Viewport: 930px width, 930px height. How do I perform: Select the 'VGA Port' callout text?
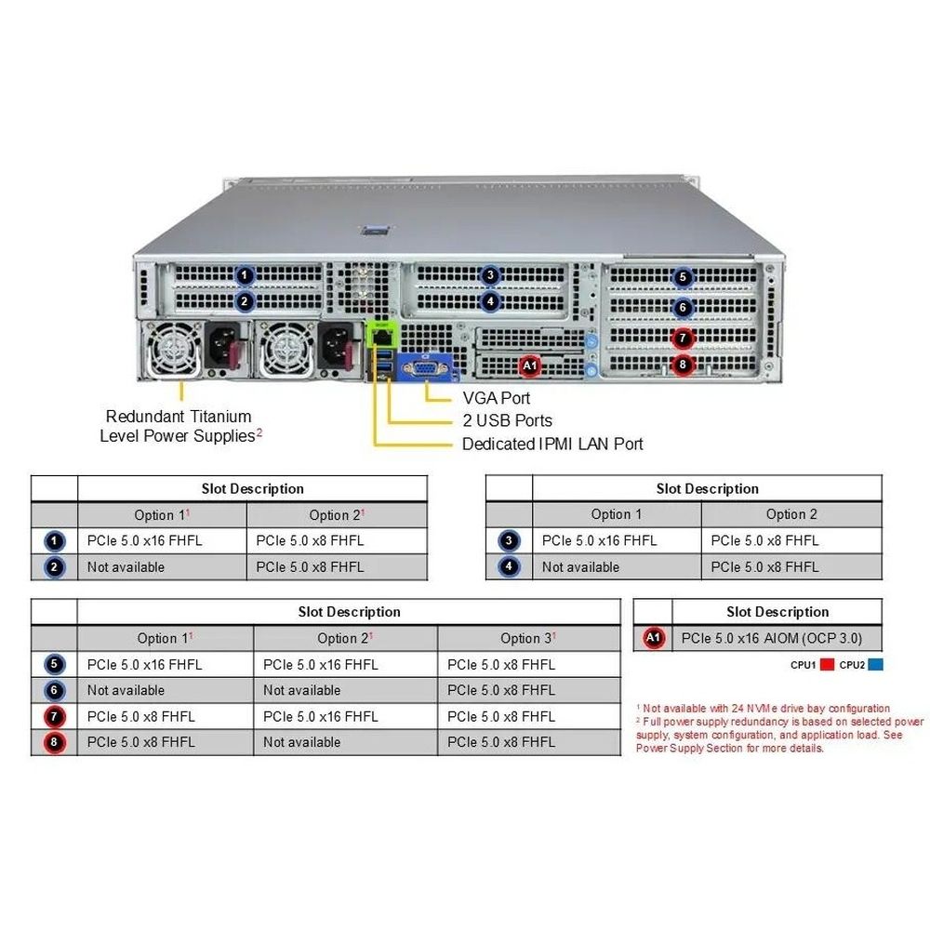coord(497,398)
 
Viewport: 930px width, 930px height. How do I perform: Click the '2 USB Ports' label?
coord(507,421)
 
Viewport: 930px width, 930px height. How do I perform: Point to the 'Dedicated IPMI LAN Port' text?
coord(552,445)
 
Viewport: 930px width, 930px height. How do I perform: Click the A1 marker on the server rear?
coord(529,366)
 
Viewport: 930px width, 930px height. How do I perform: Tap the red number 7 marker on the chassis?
coord(684,339)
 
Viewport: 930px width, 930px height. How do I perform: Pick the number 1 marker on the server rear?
coord(245,275)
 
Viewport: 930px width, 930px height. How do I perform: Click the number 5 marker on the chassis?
coord(684,277)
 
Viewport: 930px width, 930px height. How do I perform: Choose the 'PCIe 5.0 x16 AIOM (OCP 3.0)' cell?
coord(772,638)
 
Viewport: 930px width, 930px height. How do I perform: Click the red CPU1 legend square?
coord(827,665)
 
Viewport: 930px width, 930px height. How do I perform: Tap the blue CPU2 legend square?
coord(875,665)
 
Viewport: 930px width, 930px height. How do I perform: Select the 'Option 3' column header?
coord(527,638)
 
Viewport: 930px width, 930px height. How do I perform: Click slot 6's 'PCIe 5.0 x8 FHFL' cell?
coord(501,690)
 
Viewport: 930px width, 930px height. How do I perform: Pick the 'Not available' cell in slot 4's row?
coord(580,566)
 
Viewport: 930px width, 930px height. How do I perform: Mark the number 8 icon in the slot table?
coord(54,742)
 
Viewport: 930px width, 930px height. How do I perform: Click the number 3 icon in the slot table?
coord(509,540)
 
